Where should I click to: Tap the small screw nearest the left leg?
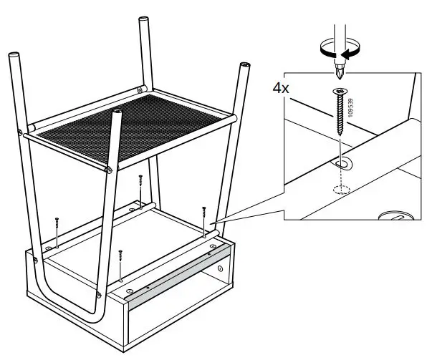click(56, 224)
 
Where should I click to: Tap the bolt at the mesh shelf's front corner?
click(107, 170)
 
